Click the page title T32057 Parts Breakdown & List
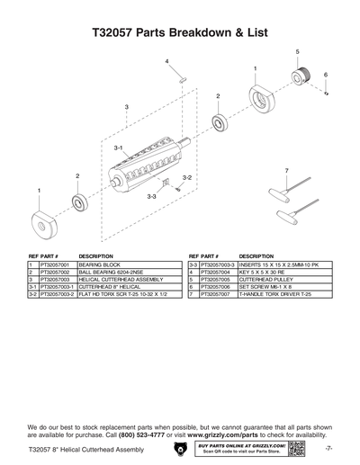179,31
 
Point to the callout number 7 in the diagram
285,170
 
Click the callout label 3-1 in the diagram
118,146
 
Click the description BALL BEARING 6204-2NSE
112,273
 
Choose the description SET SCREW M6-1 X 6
265,287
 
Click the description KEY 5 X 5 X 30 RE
265,273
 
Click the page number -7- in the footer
329,449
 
